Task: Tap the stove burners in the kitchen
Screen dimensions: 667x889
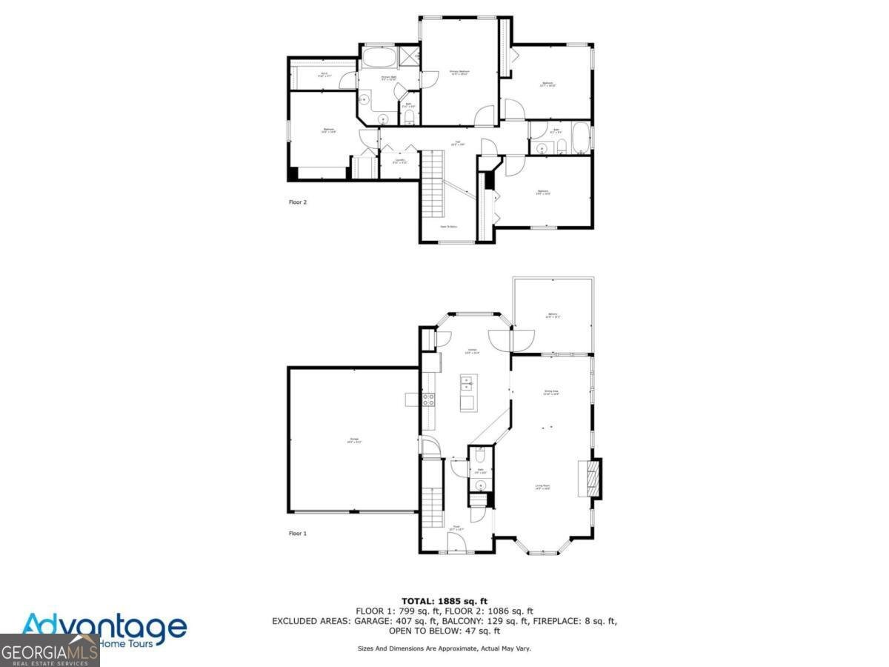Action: pos(428,399)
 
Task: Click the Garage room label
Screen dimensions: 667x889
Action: pos(353,442)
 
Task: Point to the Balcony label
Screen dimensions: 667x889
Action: pos(553,316)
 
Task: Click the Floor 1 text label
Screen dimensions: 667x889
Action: pos(298,533)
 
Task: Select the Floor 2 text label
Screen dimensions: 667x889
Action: pos(298,201)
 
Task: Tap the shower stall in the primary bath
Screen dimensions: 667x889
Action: pos(408,56)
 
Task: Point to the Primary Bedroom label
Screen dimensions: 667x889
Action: pos(459,73)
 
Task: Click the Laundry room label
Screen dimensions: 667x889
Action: pos(399,161)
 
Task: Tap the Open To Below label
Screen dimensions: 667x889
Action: pos(448,227)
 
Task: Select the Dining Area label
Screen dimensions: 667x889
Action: pos(550,392)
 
